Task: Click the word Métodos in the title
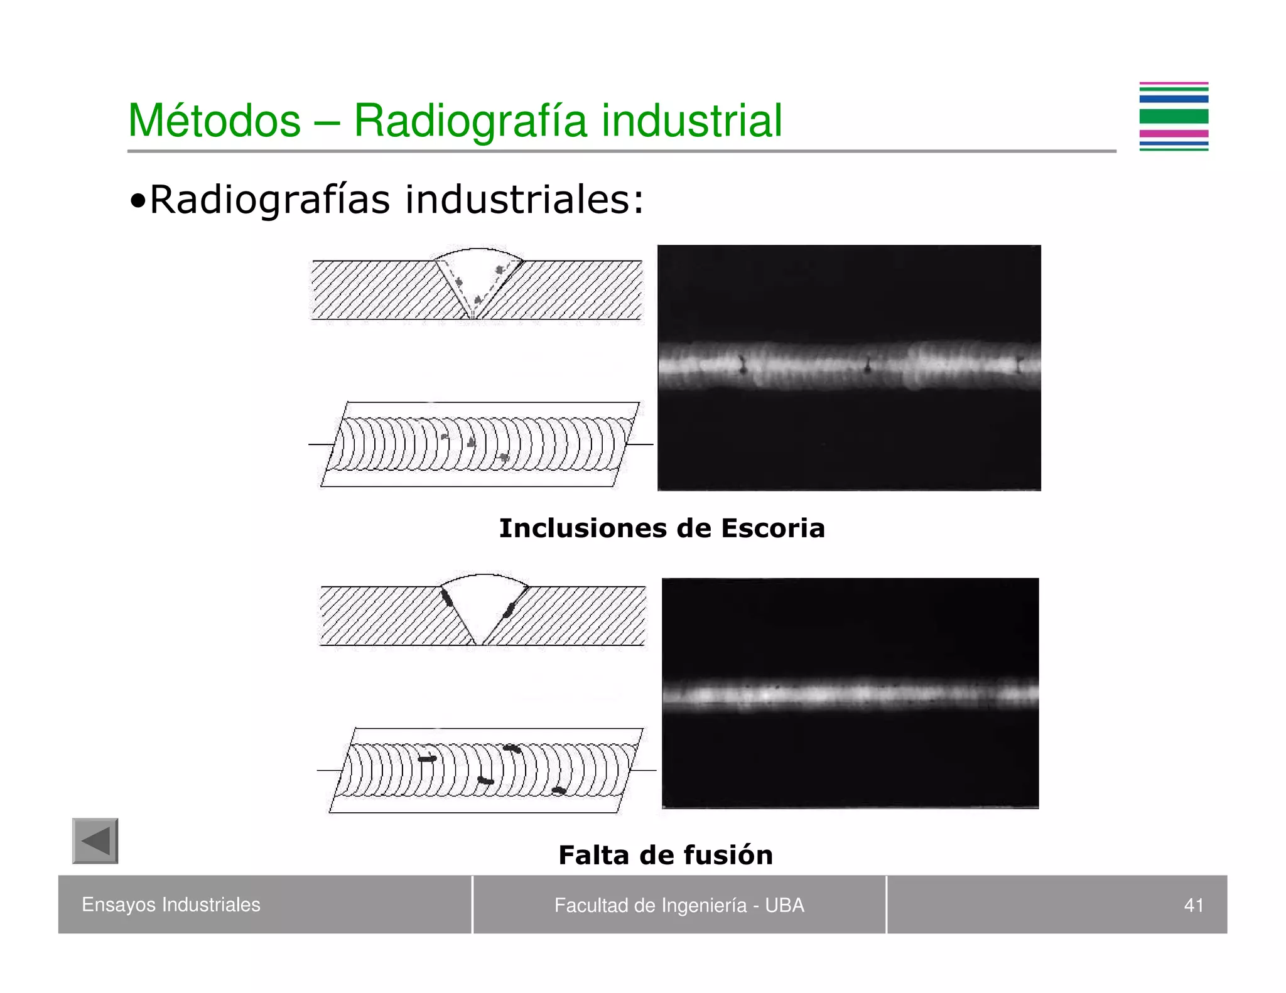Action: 214,121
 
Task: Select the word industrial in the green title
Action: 691,121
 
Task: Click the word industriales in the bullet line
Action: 524,200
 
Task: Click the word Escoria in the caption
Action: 772,529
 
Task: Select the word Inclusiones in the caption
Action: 583,529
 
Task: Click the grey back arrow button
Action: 95,841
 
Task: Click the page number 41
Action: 1193,905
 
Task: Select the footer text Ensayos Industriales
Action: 171,904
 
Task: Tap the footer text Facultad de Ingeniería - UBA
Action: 679,905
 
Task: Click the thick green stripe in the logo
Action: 1174,116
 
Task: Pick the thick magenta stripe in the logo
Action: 1174,133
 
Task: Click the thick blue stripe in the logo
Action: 1174,99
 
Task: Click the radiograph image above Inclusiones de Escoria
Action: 849,368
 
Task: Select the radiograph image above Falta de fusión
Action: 850,693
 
